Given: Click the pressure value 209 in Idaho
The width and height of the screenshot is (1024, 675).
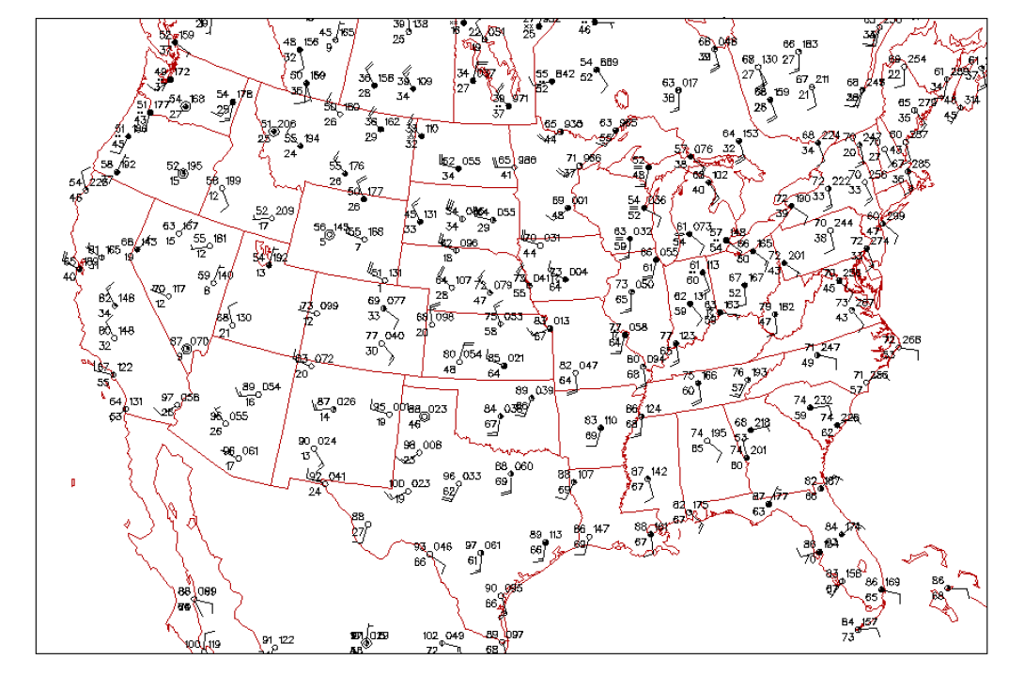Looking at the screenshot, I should click(x=284, y=211).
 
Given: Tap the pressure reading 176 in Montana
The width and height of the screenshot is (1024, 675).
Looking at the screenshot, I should click(x=356, y=166).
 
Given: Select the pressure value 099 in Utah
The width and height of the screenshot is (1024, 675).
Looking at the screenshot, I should click(x=329, y=306).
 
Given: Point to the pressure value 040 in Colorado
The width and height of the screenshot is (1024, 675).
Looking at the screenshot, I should click(x=395, y=336).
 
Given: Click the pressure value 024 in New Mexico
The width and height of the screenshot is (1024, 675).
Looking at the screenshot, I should click(x=327, y=441).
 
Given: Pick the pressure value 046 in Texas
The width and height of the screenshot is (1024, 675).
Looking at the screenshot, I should click(x=442, y=546).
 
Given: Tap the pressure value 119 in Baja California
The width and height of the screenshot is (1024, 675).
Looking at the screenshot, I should click(x=213, y=644).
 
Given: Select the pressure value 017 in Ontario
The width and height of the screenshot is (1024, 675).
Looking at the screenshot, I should click(x=690, y=83).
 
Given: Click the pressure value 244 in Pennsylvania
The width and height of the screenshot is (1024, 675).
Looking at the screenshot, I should click(x=843, y=223).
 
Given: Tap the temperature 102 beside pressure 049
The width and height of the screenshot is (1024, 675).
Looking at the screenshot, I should click(x=430, y=636).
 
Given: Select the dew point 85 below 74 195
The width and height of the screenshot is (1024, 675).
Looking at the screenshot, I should click(x=697, y=448).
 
